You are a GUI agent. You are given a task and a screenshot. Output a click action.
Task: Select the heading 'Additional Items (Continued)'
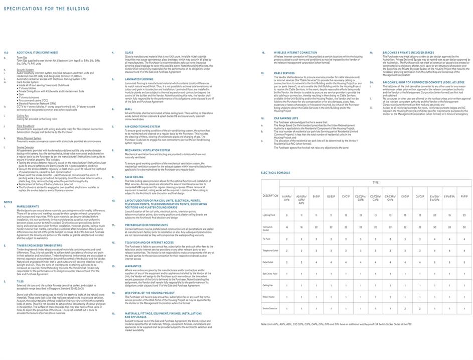click(37, 52)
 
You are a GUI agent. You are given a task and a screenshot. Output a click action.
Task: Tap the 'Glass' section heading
click(129, 52)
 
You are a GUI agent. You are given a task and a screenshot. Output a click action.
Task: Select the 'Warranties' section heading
click(133, 266)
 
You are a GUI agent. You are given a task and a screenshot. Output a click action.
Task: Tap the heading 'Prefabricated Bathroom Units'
click(147, 224)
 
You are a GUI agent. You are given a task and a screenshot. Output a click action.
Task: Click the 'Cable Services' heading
click(284, 73)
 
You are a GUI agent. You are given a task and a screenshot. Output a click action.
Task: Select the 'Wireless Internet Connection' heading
click(295, 52)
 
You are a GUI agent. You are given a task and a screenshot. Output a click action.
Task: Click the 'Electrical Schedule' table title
click(275, 172)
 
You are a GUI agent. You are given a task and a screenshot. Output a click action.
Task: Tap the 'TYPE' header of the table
click(375, 182)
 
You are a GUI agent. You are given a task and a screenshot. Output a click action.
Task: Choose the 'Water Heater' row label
click(270, 297)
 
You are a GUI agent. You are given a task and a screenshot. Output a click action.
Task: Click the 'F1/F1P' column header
click(464, 196)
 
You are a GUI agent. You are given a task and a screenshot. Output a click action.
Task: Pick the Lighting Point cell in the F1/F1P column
click(464, 215)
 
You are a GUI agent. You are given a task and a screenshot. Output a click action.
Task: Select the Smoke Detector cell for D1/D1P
click(405, 308)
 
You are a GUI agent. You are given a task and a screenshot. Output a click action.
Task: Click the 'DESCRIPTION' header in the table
click(270, 196)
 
